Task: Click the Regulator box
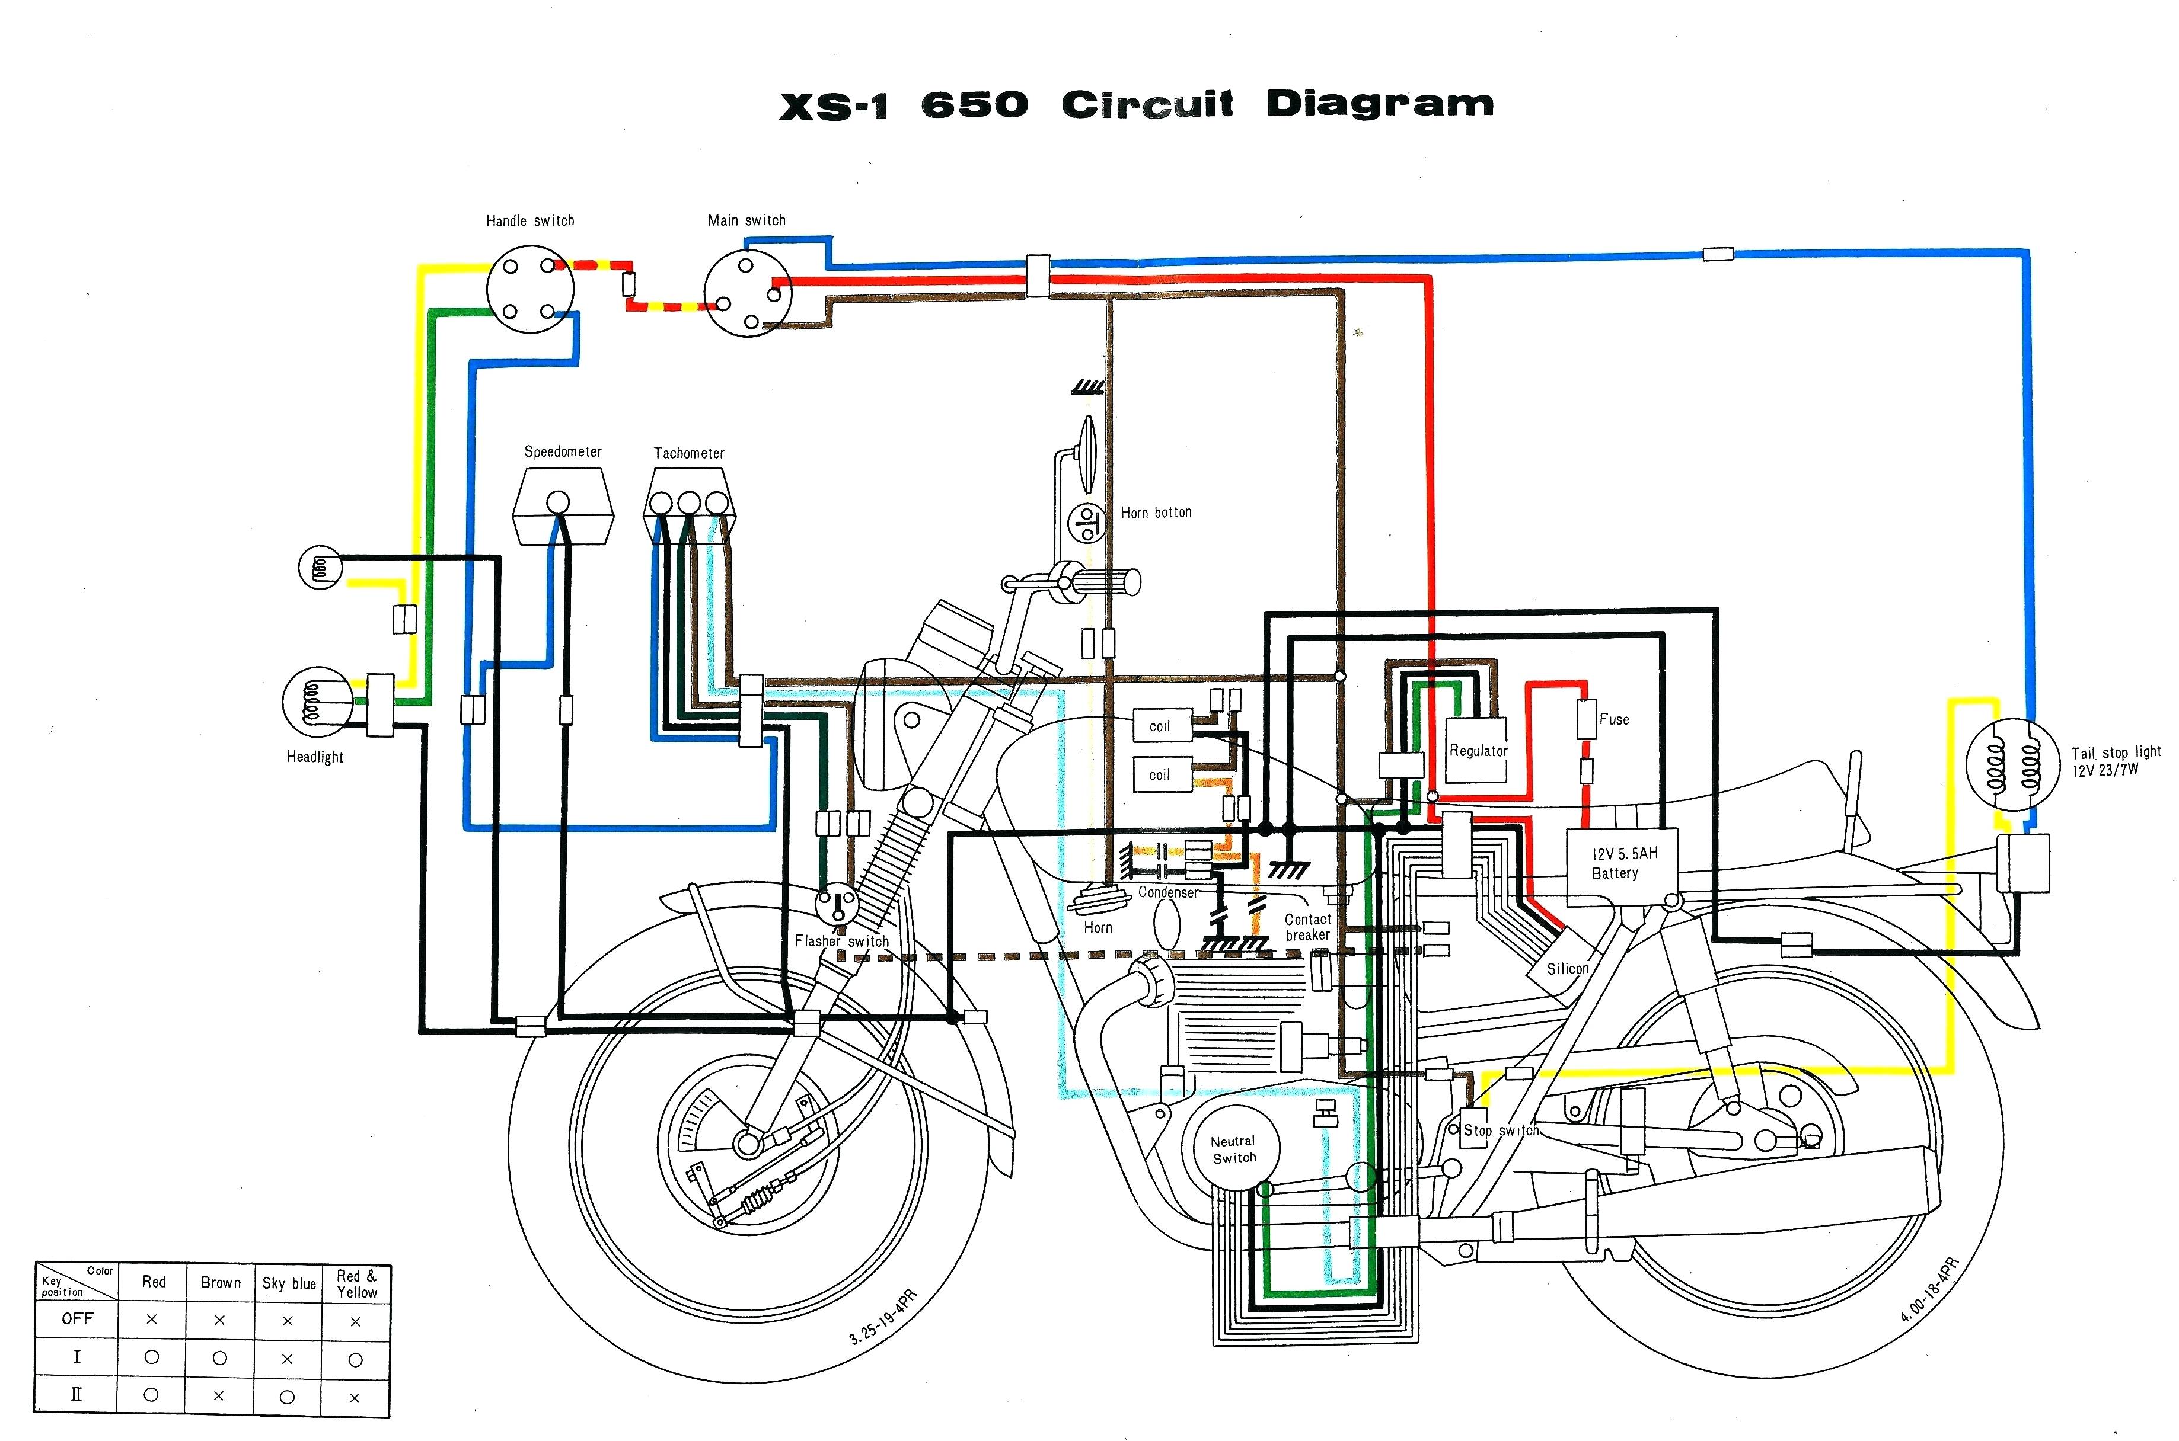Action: pyautogui.click(x=1478, y=750)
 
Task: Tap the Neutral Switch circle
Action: pyautogui.click(x=1233, y=1149)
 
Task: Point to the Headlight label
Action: pyautogui.click(x=314, y=757)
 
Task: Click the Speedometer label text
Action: pyautogui.click(x=563, y=452)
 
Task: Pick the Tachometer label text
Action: pyautogui.click(x=688, y=453)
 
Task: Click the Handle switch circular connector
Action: pyautogui.click(x=529, y=290)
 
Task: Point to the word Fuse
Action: pyautogui.click(x=1615, y=719)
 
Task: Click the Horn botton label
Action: pyautogui.click(x=1156, y=513)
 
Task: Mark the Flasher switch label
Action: pyautogui.click(x=841, y=941)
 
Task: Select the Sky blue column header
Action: pyautogui.click(x=289, y=1283)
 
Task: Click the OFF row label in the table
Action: pyautogui.click(x=77, y=1319)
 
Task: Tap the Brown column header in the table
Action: pyautogui.click(x=221, y=1283)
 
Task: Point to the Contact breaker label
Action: pyautogui.click(x=1307, y=926)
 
